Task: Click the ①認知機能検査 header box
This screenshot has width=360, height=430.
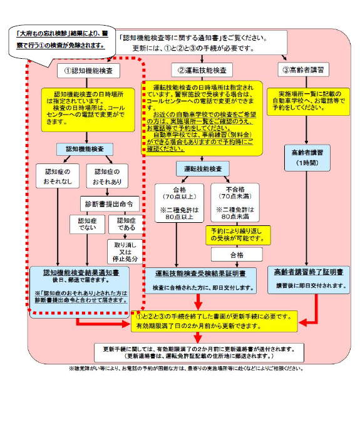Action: (x=89, y=69)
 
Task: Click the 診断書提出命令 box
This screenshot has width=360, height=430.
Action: (x=107, y=204)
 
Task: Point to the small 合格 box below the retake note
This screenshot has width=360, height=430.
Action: (x=236, y=255)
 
